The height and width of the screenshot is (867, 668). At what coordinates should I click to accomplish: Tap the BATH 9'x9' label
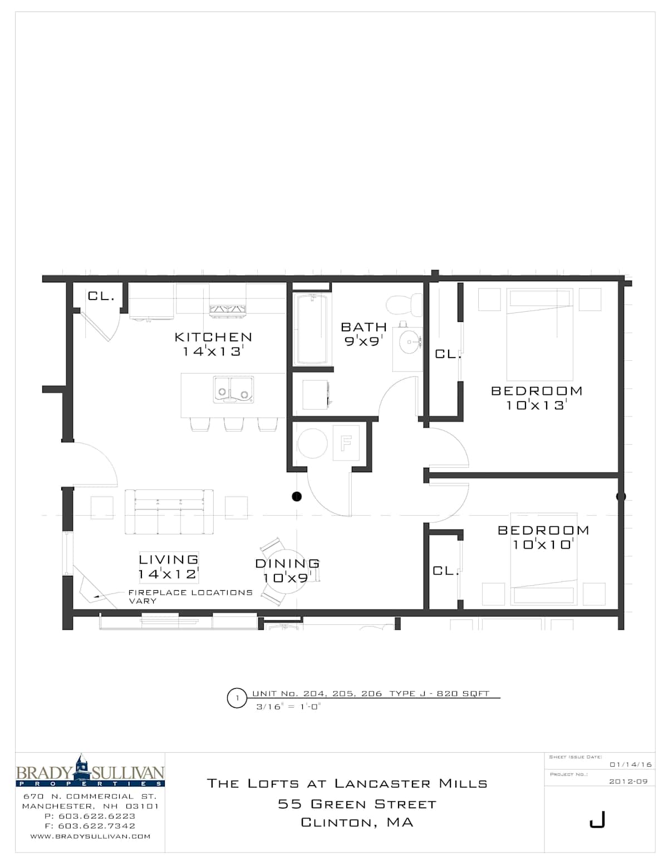364,334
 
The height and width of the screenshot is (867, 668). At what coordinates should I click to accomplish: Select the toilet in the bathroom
404,305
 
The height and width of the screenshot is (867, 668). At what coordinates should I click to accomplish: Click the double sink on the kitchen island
233,389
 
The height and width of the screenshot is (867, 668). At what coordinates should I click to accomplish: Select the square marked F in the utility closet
346,443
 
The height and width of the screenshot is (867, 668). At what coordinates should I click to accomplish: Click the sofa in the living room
169,512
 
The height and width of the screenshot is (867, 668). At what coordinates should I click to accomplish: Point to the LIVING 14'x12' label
168,567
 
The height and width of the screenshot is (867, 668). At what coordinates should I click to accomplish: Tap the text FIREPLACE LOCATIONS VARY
190,596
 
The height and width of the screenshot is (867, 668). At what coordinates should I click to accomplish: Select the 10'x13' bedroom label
537,398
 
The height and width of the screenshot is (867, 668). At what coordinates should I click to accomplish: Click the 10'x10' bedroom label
543,537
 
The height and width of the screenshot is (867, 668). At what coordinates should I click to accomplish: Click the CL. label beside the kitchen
101,296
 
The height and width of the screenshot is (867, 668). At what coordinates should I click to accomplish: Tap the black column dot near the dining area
296,496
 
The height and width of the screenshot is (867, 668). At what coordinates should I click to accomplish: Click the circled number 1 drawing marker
237,698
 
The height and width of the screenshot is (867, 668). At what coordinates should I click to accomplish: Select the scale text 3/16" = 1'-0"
288,707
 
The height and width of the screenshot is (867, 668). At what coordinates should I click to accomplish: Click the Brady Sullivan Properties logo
90,770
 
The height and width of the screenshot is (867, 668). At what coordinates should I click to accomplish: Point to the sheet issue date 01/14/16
631,765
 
